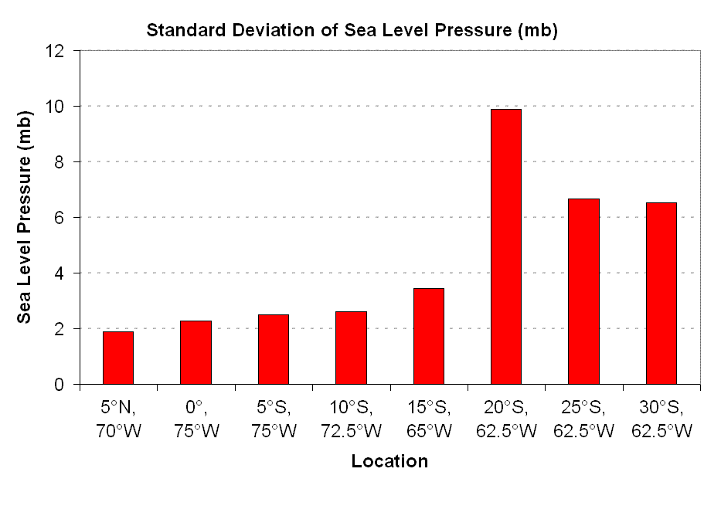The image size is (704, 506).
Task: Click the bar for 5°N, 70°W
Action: [x=118, y=358]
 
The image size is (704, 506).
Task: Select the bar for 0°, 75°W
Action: [x=196, y=352]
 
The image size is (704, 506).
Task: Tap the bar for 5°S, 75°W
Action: [x=274, y=349]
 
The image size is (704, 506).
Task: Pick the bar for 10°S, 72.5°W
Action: [x=351, y=348]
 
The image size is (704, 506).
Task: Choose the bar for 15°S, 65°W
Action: [x=429, y=336]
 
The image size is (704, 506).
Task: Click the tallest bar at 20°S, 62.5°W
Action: [x=506, y=246]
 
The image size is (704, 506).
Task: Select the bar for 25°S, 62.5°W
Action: [x=583, y=291]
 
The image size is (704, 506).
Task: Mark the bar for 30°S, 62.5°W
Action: [x=661, y=294]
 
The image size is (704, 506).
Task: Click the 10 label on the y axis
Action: [x=62, y=106]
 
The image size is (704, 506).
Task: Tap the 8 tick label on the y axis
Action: [x=66, y=161]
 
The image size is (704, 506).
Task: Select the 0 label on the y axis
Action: [x=66, y=385]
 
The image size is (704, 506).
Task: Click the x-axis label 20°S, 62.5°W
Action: [x=506, y=419]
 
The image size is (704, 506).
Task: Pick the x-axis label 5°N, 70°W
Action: [x=118, y=419]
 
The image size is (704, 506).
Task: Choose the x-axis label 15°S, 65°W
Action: [x=429, y=419]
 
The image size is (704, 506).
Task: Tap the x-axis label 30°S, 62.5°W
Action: [x=661, y=419]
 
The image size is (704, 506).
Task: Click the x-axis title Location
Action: [x=389, y=462]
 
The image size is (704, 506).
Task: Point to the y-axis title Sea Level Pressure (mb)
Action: [x=26, y=217]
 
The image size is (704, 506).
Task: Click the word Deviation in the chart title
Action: [x=255, y=31]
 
